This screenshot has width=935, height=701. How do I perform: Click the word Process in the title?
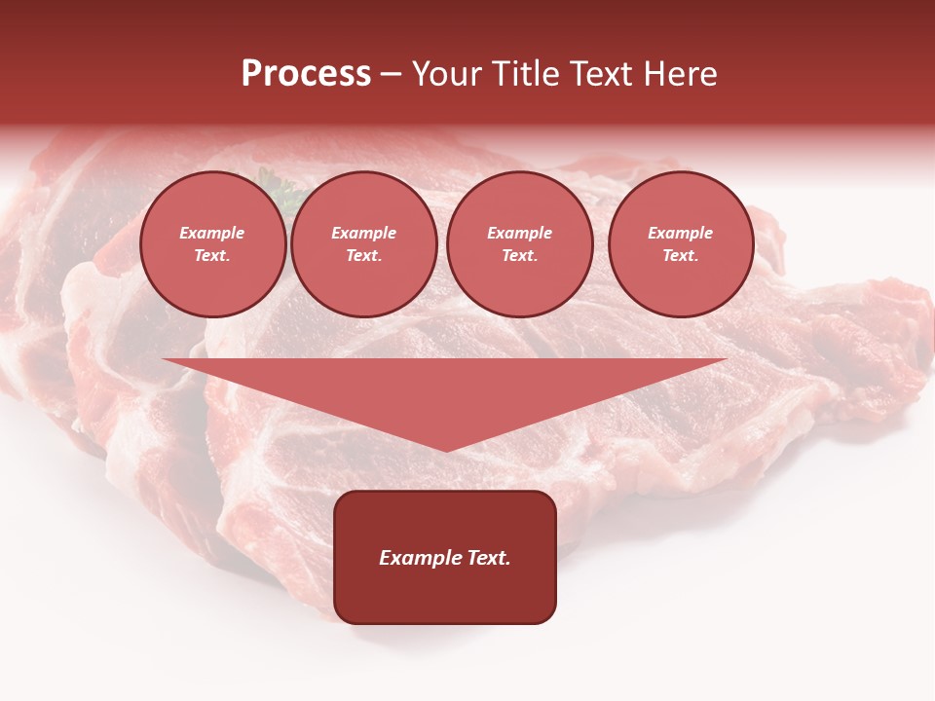click(x=306, y=74)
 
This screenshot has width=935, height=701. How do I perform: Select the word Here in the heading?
click(x=679, y=74)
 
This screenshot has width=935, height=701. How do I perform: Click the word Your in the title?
click(x=445, y=74)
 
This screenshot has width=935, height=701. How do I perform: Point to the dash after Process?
click(x=391, y=75)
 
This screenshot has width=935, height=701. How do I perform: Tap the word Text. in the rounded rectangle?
click(x=488, y=558)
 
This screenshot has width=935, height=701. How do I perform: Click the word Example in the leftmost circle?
click(x=212, y=233)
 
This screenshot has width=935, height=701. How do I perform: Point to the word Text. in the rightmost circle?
click(x=681, y=255)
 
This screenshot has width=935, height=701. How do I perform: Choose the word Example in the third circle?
click(x=520, y=233)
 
